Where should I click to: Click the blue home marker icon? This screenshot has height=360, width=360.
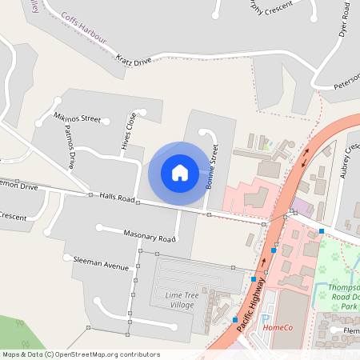(x=180, y=173)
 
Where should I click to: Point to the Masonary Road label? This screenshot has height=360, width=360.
(x=149, y=237)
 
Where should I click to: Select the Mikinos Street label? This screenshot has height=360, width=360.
(x=77, y=118)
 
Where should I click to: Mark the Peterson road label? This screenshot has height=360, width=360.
(x=347, y=82)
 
